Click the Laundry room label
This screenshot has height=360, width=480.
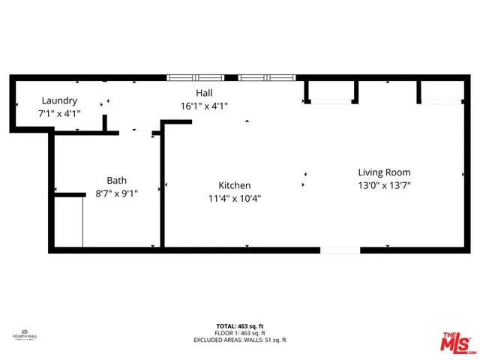[x=59, y=100]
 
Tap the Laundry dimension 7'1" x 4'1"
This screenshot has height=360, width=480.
[x=59, y=113]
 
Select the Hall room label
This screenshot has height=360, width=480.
[x=204, y=93]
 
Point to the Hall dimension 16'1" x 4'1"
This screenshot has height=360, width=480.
[x=204, y=106]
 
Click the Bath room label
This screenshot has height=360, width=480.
[x=116, y=180]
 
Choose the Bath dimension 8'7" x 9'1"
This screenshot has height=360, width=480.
[x=116, y=193]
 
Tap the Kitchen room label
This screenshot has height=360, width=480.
[x=234, y=185]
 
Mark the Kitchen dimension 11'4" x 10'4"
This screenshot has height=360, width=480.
[x=234, y=199]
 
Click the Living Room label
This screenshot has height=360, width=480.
[x=384, y=172]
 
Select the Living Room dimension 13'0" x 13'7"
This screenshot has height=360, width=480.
[x=384, y=185]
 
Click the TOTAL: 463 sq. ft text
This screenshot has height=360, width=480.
[x=239, y=326]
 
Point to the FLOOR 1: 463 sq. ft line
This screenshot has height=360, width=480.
[x=239, y=333]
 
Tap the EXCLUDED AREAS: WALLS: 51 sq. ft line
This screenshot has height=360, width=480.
[x=239, y=340]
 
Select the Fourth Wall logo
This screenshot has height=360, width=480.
[x=24, y=334]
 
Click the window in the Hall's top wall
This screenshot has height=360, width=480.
[x=231, y=76]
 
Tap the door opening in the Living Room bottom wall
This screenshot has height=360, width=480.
[x=340, y=250]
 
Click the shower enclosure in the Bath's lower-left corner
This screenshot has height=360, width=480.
[x=67, y=221]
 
